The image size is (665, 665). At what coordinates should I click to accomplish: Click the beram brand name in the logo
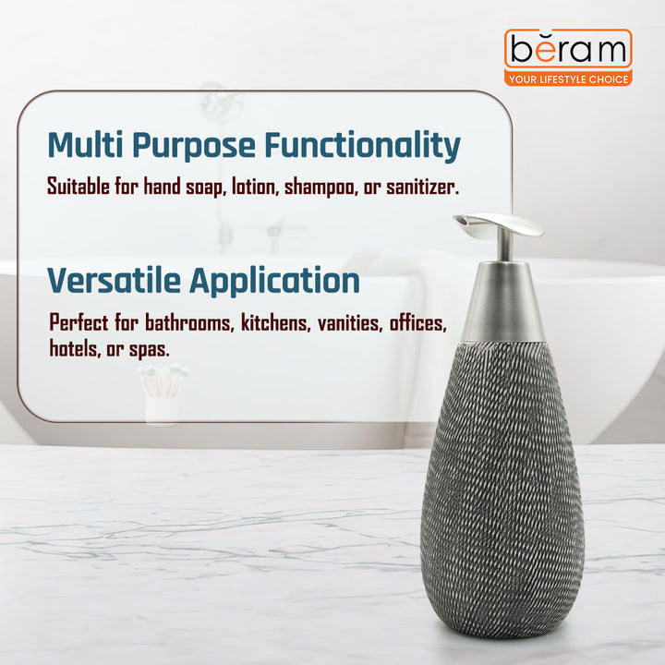[x=568, y=49]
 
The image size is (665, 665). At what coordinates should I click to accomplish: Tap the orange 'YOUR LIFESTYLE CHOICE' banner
[x=568, y=79]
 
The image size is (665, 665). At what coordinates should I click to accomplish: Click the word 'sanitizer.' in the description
[x=418, y=187]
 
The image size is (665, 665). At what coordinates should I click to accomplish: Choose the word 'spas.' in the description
[x=148, y=350]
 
